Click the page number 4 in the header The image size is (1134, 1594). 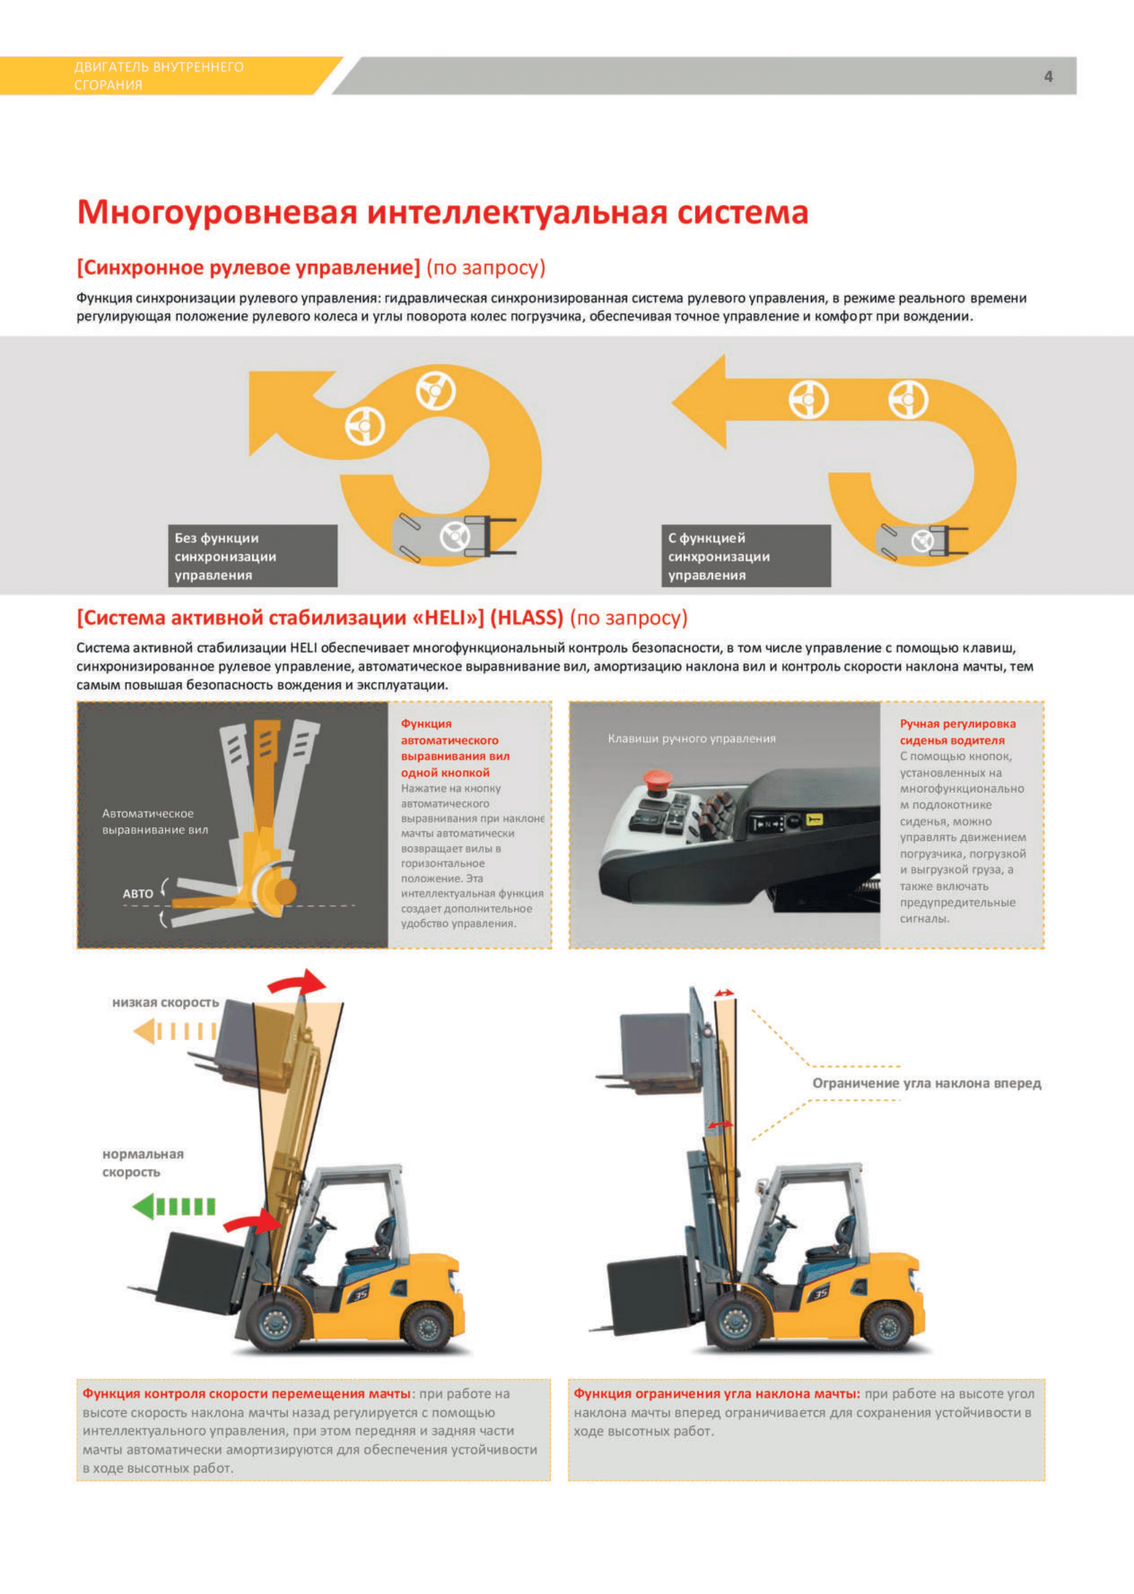tap(1047, 76)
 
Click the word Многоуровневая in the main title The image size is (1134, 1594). tap(217, 213)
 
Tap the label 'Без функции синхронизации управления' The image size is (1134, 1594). tap(252, 556)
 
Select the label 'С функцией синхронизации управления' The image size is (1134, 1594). tap(745, 556)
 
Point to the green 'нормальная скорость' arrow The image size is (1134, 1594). tap(174, 1206)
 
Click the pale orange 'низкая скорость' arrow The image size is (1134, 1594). tap(175, 1030)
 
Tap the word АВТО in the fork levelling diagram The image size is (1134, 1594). tap(138, 894)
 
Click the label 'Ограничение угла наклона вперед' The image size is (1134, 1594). tap(926, 1083)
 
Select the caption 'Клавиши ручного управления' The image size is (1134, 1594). tap(691, 738)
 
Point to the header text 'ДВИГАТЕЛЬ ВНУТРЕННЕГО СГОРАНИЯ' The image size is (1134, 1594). tap(159, 75)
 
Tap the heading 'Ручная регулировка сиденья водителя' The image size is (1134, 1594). tap(956, 731)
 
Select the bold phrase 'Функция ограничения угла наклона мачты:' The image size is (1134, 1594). tap(716, 1393)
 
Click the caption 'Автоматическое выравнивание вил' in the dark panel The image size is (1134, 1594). tap(155, 821)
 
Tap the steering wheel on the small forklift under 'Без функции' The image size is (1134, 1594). tap(454, 536)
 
